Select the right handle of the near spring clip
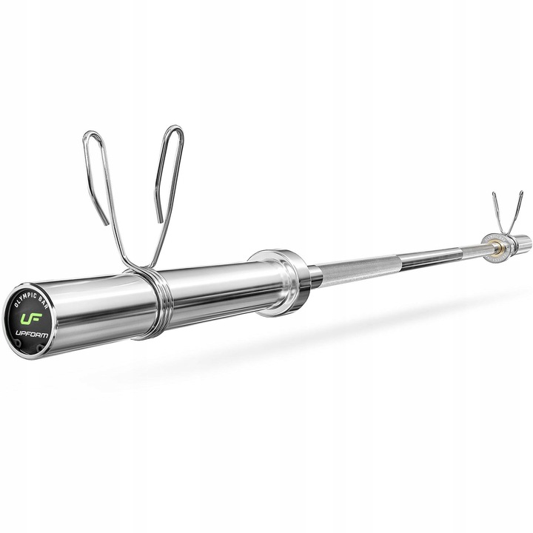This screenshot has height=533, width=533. click(x=168, y=178)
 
